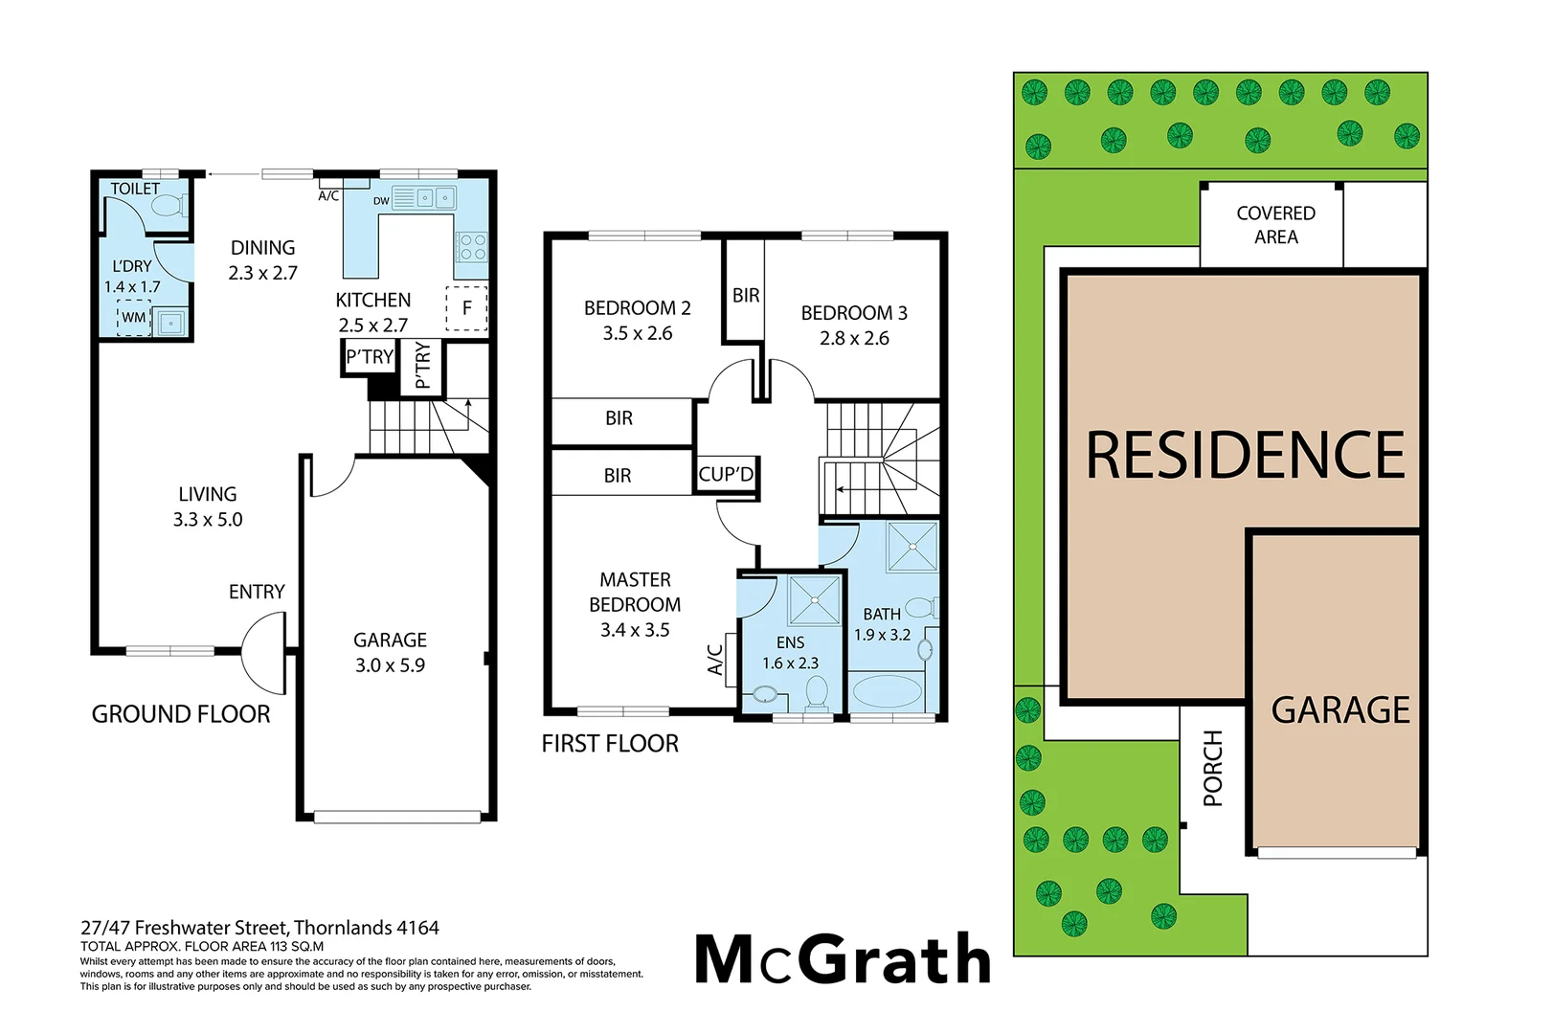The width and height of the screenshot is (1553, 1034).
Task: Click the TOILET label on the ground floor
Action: point(135,189)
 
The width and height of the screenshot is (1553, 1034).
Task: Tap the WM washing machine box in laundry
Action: point(134,318)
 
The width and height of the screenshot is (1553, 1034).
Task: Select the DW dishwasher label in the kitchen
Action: point(381,201)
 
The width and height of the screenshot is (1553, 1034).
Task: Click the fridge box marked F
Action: point(467,308)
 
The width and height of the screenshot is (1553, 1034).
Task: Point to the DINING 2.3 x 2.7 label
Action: point(262,260)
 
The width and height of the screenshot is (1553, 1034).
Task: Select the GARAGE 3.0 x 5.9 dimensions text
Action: point(390,665)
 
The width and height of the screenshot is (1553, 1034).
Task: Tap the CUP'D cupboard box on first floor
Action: point(726,475)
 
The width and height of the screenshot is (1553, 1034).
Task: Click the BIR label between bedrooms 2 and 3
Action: point(746,296)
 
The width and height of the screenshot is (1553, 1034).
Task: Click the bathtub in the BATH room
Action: point(887,691)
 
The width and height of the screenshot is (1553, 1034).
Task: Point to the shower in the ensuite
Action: point(814,599)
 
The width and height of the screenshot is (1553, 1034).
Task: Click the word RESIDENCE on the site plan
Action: point(1245,455)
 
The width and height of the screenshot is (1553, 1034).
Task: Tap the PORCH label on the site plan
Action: point(1213,768)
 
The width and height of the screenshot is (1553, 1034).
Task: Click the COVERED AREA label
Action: point(1275,225)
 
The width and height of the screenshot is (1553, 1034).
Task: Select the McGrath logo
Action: point(843,959)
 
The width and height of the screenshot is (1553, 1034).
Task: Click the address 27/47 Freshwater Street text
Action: point(259,928)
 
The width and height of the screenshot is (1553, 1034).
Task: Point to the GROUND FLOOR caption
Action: point(181,714)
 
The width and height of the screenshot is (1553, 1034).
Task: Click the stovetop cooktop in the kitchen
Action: point(472,247)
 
